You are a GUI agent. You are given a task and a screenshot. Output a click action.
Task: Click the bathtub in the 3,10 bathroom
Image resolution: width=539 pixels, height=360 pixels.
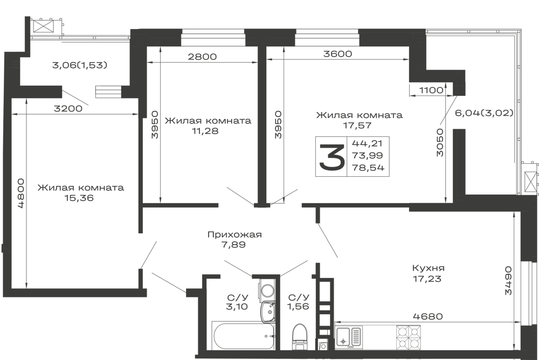tap(244, 336)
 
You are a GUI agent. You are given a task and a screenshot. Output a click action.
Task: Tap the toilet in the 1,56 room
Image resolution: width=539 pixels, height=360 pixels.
tap(300, 336)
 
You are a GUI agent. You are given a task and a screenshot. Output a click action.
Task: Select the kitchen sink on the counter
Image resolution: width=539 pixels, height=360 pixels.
tap(349, 337)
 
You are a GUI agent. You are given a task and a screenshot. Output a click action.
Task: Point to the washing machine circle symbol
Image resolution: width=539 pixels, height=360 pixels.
tap(267, 289)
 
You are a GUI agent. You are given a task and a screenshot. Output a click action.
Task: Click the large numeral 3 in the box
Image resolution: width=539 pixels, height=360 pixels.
tap(331, 157)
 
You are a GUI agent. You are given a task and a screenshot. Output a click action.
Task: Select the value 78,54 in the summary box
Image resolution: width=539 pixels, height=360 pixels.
tap(368, 168)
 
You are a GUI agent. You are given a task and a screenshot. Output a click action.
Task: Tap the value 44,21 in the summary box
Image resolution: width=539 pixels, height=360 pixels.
tap(367, 143)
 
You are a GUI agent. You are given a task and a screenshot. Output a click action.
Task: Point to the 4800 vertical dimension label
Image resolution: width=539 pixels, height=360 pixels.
tap(21, 193)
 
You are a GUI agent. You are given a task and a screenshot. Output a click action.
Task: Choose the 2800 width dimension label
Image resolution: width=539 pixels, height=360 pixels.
tap(202, 57)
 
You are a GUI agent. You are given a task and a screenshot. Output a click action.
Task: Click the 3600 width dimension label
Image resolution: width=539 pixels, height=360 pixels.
tap(337, 54)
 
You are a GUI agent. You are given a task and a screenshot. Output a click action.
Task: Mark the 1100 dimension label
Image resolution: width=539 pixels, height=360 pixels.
tap(431, 90)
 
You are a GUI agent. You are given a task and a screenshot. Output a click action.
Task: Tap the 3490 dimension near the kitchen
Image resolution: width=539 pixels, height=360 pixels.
tap(508, 280)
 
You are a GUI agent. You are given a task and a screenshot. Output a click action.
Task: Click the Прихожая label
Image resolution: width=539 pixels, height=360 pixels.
tap(234, 234)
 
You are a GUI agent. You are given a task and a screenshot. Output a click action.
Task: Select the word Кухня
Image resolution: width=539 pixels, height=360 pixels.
tap(429, 268)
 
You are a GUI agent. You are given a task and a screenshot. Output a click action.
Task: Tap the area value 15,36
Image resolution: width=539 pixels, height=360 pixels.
tap(79, 198)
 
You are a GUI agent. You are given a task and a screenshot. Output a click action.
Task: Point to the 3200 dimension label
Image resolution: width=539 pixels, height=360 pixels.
tap(68, 109)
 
